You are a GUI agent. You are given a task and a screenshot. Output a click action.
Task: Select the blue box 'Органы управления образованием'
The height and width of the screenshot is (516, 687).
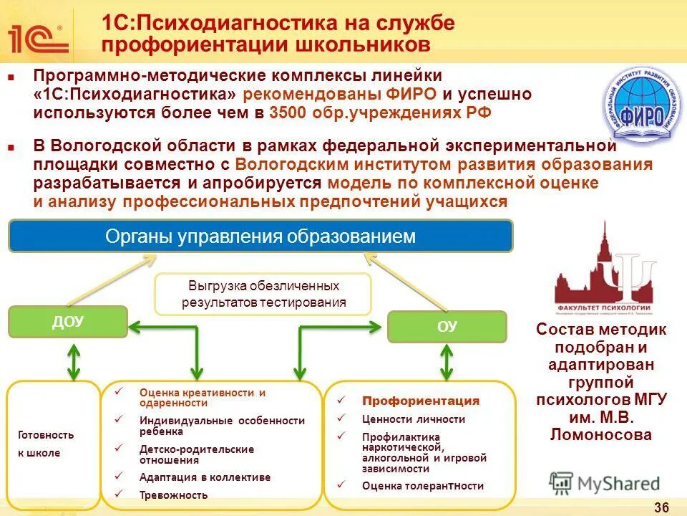point(260,236)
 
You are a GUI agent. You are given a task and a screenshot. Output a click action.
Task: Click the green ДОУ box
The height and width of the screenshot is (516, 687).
point(67,322)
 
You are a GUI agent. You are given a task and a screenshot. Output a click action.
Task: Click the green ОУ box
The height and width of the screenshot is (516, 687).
point(447,327)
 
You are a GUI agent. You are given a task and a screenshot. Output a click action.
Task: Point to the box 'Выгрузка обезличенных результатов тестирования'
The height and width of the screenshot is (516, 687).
point(263,294)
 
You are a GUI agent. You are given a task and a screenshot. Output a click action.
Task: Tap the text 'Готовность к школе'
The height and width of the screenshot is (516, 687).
point(46,444)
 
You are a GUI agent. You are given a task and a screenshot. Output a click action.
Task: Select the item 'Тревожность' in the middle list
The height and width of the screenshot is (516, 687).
point(173,494)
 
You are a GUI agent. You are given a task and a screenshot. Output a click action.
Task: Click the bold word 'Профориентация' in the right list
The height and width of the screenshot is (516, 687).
point(421,401)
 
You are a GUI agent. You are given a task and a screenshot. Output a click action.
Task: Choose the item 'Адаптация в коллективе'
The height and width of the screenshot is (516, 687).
point(205,477)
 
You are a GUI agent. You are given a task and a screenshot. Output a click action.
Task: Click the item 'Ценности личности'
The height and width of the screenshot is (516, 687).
point(414,419)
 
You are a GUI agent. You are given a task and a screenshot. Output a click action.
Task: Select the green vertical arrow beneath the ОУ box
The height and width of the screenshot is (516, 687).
point(447,362)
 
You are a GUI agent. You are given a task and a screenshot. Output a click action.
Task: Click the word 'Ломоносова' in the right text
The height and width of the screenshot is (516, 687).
point(601,434)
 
